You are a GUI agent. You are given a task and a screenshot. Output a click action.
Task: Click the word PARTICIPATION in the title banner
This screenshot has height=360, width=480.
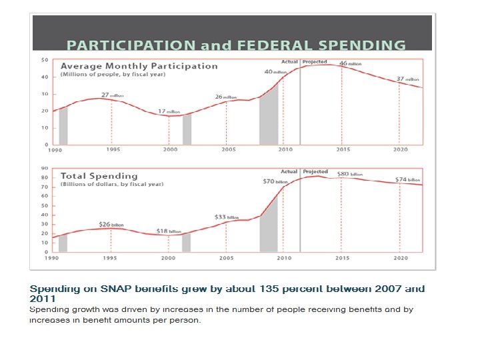coord(131,46)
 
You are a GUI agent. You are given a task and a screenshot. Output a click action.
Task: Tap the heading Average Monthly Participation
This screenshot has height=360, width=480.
coord(139,66)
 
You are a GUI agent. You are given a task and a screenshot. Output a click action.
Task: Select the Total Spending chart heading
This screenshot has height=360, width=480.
coord(99,176)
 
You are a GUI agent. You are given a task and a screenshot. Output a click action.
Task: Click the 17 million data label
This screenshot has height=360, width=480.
coord(169,111)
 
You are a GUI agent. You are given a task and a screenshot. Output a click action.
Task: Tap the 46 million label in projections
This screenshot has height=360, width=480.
coord(351,63)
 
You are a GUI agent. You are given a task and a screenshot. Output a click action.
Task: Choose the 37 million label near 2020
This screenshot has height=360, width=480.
coord(407,79)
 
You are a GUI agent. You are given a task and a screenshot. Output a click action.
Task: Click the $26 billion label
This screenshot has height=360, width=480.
coord(111,225)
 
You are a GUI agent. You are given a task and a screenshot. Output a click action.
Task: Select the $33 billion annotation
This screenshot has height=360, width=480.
coord(227,217)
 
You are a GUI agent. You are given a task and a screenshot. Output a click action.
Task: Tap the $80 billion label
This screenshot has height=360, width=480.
coord(349,174)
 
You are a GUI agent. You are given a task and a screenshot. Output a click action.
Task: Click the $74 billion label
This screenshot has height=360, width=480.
coord(407,180)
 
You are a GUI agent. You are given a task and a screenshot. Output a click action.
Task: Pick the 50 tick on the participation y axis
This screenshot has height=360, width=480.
coord(44,60)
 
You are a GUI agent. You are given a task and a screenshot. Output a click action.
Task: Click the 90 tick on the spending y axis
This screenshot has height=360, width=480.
coord(44,169)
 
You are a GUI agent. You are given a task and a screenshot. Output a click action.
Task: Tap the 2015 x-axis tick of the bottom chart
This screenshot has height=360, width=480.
coord(343,258)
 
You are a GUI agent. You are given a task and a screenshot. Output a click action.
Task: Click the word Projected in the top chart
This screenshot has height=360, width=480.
coord(315,62)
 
